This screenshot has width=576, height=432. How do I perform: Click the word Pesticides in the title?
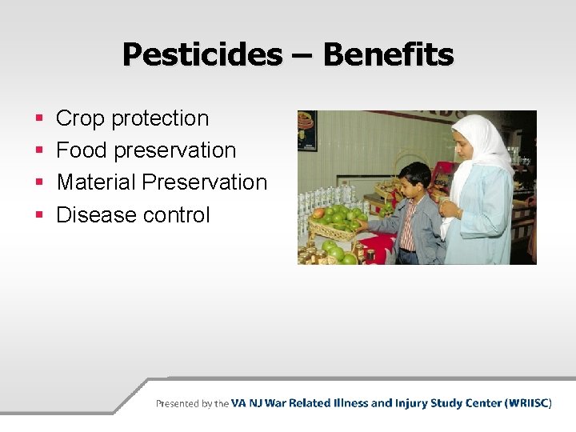point(202,55)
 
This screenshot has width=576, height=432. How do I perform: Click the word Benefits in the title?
point(388,55)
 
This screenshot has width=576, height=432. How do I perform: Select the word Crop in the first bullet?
point(81,118)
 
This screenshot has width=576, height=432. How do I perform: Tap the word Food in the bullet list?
point(82,150)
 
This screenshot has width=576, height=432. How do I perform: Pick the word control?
point(176,214)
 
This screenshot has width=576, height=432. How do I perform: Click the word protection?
point(160,119)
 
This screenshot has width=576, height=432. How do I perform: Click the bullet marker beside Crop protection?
point(39,119)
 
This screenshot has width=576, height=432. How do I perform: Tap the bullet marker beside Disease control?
point(39,215)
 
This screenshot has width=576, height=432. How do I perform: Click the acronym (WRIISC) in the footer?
point(528,403)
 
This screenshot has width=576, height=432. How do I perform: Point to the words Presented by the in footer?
point(192,404)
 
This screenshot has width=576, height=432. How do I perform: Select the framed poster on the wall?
point(307,130)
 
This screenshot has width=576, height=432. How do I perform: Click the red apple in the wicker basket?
point(319,214)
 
